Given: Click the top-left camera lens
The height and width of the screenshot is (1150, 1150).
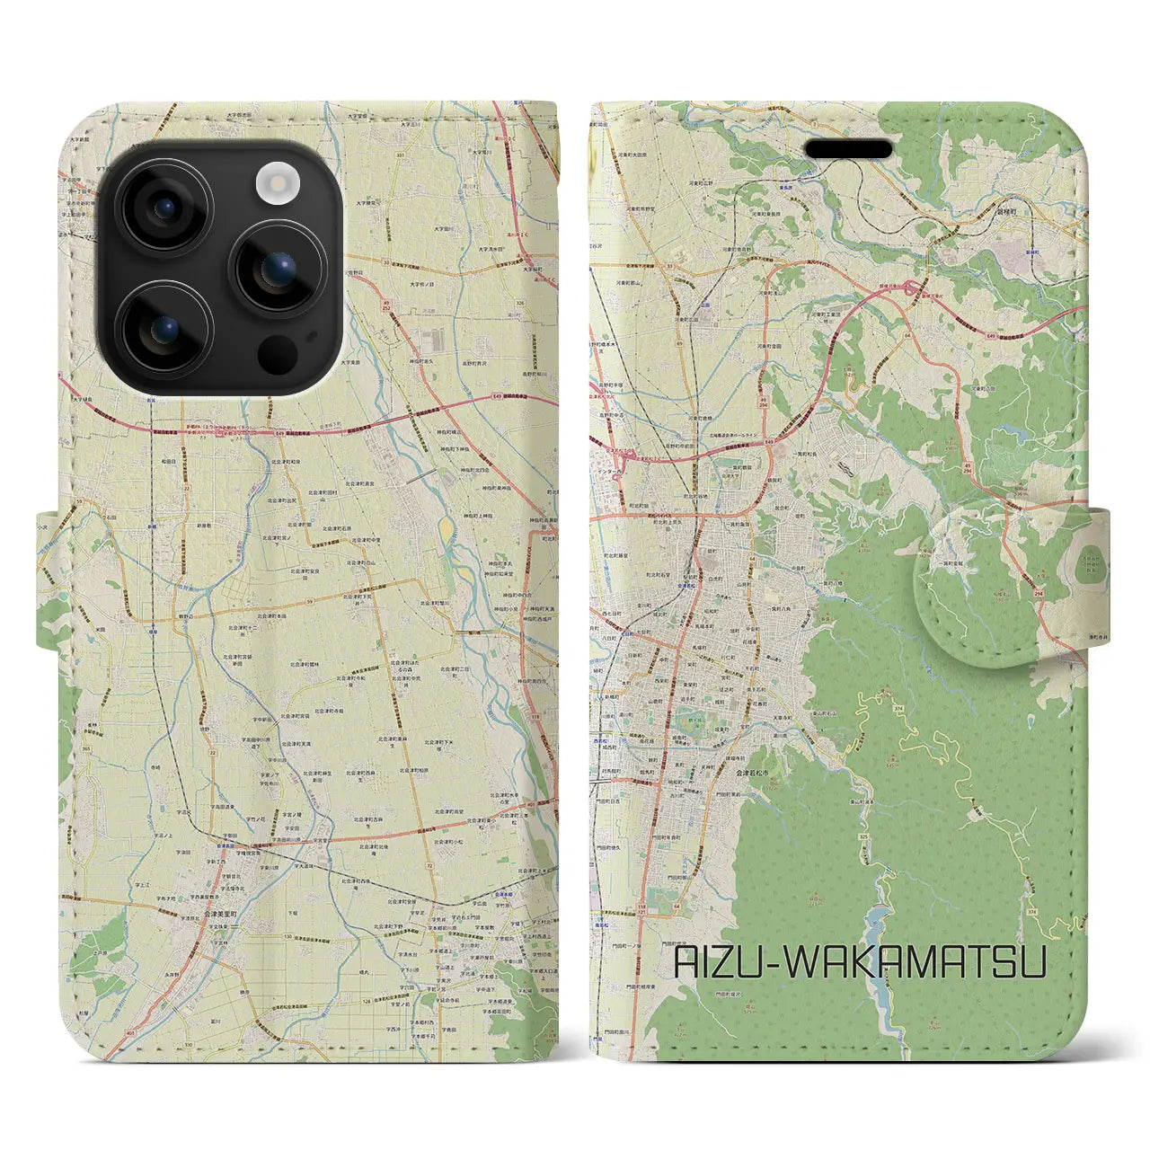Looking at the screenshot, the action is tap(165, 207).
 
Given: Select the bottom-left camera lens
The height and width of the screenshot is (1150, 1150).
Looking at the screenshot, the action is tap(165, 331).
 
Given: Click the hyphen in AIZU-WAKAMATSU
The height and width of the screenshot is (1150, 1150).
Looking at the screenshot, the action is tap(765, 963).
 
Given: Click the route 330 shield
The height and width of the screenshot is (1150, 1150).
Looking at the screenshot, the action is tap(187, 1045).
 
